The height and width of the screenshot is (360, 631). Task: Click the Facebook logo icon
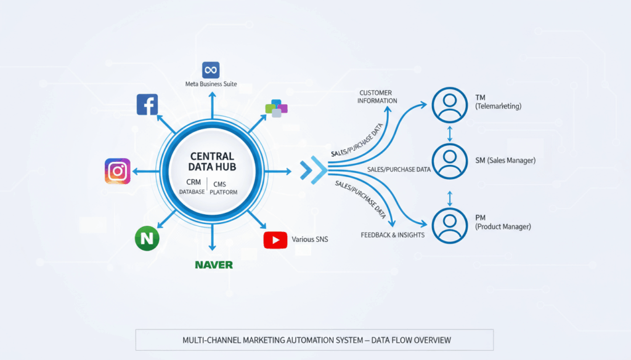(x=147, y=105)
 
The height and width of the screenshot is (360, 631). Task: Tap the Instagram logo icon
(x=117, y=171)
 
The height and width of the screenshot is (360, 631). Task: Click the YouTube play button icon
(x=275, y=239)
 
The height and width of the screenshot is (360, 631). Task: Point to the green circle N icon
(x=147, y=238)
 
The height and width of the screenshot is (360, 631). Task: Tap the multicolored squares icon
(x=277, y=108)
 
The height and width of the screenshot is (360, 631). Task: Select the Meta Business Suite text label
(x=211, y=84)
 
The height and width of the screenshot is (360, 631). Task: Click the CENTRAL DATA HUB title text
(x=211, y=162)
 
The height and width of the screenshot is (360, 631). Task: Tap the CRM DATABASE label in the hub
(x=192, y=187)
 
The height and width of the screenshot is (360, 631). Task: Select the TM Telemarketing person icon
(x=450, y=105)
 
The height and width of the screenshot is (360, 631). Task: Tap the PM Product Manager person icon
(x=450, y=225)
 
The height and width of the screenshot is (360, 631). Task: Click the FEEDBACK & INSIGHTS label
(x=393, y=235)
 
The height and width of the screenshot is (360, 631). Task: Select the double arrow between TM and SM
(x=450, y=133)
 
